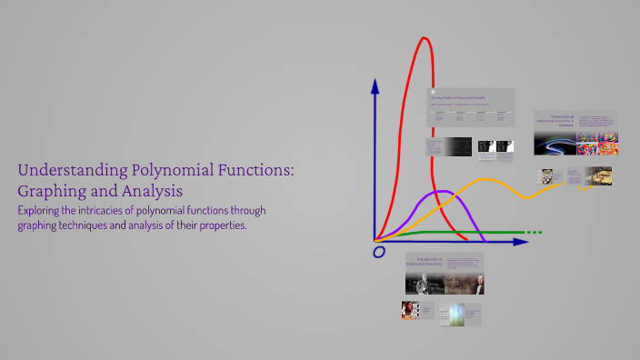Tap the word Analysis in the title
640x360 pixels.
pos(153,192)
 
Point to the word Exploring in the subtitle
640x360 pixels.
pos(45,211)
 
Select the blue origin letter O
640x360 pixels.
pos(378,251)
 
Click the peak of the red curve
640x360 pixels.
pos(425,39)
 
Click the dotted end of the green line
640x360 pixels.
pos(534,233)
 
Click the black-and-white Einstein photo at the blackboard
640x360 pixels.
pos(425,283)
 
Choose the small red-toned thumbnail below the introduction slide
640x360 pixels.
pos(410,310)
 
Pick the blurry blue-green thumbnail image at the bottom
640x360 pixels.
pos(454,314)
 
